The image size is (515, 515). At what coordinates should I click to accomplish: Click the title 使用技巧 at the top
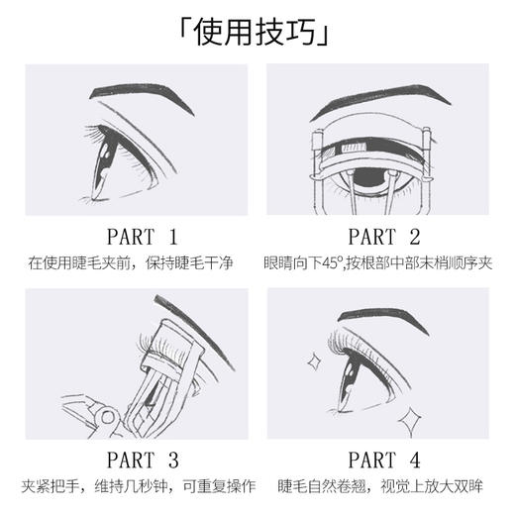[x=257, y=35]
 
